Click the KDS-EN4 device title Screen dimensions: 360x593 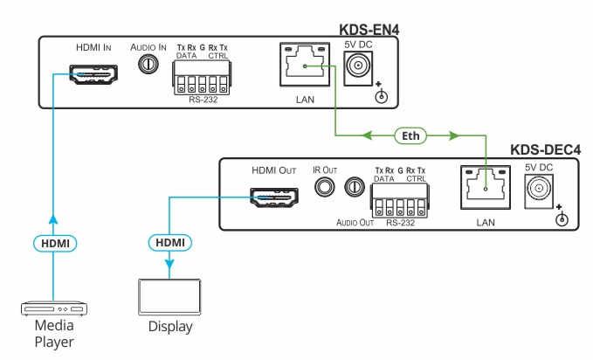click(369, 29)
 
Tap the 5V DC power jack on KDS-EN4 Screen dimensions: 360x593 click(359, 66)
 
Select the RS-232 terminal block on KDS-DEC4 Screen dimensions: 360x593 click(403, 206)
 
